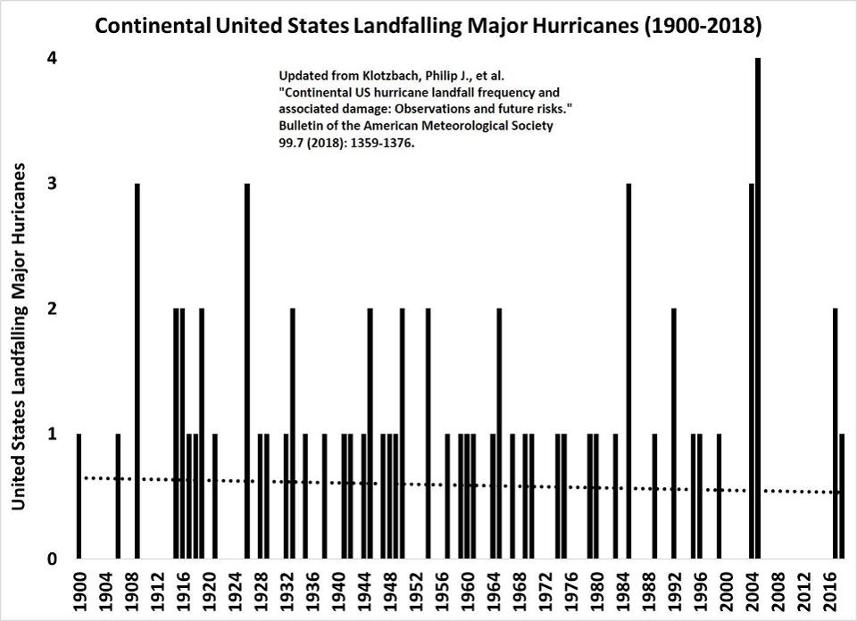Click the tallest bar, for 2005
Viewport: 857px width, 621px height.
758,308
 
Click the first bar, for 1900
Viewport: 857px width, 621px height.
79,496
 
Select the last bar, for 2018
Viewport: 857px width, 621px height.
841,496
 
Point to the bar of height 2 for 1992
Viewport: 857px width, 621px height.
674,434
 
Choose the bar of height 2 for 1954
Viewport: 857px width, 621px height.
428,434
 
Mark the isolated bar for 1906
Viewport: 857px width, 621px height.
118,496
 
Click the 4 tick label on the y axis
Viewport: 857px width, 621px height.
53,59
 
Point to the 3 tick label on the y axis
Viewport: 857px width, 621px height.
53,184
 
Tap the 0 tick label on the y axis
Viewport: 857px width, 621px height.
53,559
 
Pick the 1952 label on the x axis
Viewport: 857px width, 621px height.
416,593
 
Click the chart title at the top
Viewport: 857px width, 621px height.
428,27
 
